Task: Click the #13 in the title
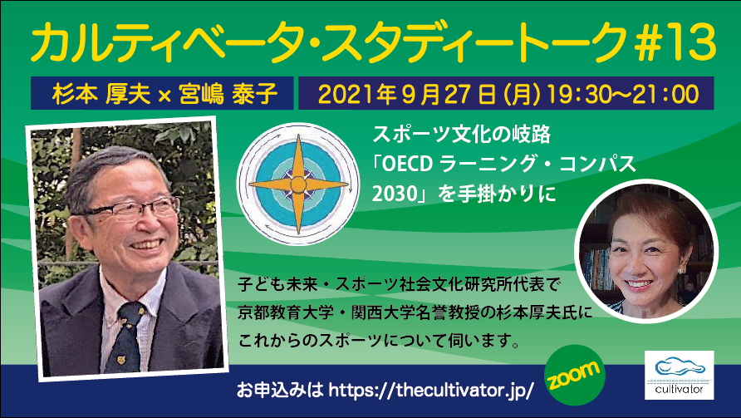pos(676,42)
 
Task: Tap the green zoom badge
pos(575,375)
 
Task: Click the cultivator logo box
pos(679,375)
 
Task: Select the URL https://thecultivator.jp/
pos(431,391)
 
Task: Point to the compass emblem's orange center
pos(298,184)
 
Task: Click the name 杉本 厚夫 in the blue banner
pos(101,94)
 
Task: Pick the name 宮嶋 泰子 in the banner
pos(228,94)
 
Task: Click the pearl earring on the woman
pos(681,269)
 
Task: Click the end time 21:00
pos(673,94)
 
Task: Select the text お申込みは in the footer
pos(279,391)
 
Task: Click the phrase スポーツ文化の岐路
pos(462,135)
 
